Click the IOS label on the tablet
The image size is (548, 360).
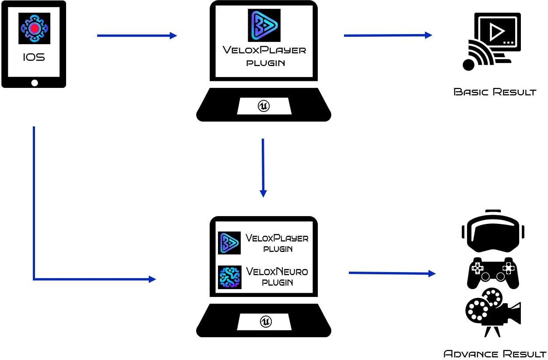tap(34, 57)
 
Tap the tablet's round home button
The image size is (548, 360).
tap(35, 83)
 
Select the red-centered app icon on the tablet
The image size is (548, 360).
tap(34, 28)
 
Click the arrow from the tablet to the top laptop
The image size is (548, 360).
tap(137, 35)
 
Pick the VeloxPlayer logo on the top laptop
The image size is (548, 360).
tap(264, 25)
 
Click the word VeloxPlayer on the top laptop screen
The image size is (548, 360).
tap(264, 50)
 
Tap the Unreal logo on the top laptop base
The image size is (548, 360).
tap(263, 106)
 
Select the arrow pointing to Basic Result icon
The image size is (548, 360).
tap(388, 35)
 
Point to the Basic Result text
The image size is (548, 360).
tap(495, 92)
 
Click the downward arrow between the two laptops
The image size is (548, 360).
tap(263, 168)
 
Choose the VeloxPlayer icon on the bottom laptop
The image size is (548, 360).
tap(229, 243)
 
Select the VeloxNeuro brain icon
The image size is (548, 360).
tap(229, 277)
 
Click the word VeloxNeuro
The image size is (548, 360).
tap(277, 272)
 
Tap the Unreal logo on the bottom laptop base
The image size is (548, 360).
tap(266, 322)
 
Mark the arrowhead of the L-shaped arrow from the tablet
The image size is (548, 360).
tap(152, 279)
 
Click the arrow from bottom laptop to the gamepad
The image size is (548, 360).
tap(392, 273)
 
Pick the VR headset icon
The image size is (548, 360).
tap(493, 232)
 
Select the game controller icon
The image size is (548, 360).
tap(493, 273)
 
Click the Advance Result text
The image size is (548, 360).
tap(495, 353)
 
